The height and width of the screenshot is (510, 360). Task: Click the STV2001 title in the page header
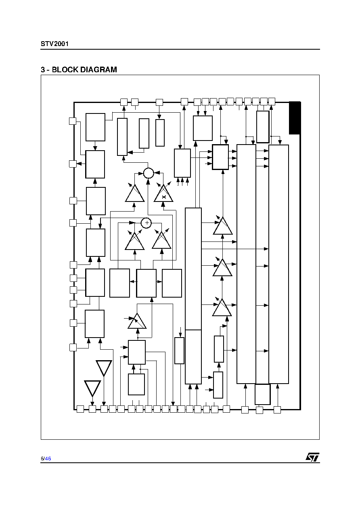(54, 44)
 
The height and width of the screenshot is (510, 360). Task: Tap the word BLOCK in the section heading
(65, 69)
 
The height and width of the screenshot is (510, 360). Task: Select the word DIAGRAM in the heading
(98, 69)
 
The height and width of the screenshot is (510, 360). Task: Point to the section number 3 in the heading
(43, 69)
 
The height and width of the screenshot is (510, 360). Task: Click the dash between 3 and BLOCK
(48, 70)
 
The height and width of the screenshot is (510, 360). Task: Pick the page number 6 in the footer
(42, 459)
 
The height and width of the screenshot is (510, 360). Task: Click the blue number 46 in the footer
(48, 459)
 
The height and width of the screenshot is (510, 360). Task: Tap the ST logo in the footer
(312, 457)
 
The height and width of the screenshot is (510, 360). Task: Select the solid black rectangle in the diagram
(295, 118)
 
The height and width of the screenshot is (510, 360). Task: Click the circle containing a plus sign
(147, 222)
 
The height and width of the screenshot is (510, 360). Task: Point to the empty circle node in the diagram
(149, 173)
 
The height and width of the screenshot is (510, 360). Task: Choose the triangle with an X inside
(163, 193)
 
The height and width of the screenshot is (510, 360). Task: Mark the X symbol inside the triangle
(164, 197)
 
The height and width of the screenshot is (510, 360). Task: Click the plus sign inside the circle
(147, 222)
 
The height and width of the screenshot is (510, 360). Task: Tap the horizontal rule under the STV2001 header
(180, 49)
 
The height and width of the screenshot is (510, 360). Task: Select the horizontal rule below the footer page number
(180, 463)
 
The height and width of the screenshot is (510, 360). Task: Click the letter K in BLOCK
(75, 69)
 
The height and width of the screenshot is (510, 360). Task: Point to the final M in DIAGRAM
(114, 69)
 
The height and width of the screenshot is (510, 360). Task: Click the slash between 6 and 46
(44, 459)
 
